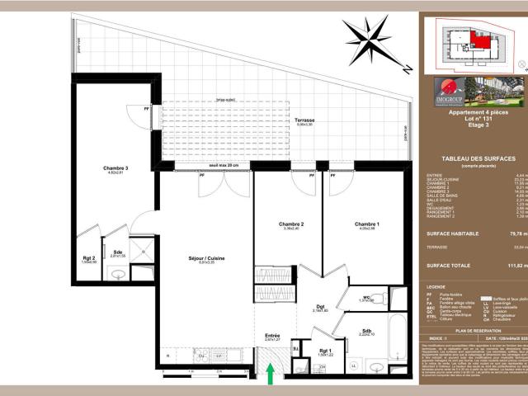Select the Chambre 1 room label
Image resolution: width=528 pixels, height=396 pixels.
pyautogui.click(x=367, y=224)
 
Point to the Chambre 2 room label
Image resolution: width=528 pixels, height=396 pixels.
pyautogui.click(x=292, y=224)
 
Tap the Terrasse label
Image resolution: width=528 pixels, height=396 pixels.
pyautogui.click(x=304, y=120)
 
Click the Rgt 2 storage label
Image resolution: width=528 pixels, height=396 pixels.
pyautogui.click(x=88, y=257)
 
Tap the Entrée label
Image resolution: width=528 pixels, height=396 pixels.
pyautogui.click(x=272, y=336)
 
